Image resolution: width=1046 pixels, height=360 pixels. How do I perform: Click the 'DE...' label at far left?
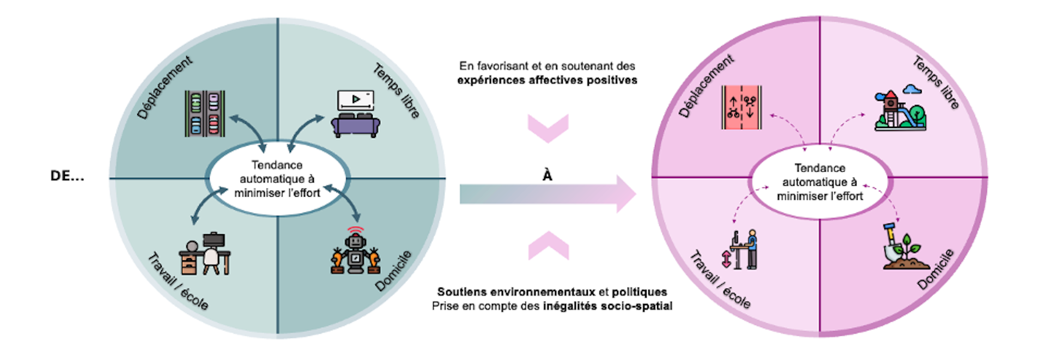(67, 176)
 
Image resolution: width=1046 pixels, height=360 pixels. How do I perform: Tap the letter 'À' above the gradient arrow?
(548, 175)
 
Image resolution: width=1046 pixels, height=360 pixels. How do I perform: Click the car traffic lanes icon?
(205, 114)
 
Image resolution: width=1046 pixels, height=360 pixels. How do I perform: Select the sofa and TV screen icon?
(355, 114)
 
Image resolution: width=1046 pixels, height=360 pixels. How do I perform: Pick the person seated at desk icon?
(205, 254)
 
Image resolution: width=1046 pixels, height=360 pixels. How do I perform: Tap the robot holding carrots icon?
(355, 252)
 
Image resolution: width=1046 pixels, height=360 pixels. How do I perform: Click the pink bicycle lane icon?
(741, 107)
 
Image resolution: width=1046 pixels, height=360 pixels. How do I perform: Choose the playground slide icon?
(899, 109)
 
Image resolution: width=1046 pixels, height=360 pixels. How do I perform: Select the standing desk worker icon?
(741, 249)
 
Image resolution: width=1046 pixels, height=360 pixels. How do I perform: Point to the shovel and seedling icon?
(902, 248)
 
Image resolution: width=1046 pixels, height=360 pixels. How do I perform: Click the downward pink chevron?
(548, 129)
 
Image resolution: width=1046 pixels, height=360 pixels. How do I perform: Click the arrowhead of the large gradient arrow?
(626, 194)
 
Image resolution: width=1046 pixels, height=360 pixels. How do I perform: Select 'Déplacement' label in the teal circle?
(164, 87)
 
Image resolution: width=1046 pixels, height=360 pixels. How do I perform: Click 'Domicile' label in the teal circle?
(393, 271)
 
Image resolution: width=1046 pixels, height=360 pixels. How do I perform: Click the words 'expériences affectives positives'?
(547, 80)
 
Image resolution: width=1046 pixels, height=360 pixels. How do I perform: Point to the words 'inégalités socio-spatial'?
(607, 306)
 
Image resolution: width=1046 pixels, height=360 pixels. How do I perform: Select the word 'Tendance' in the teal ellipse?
(277, 165)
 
